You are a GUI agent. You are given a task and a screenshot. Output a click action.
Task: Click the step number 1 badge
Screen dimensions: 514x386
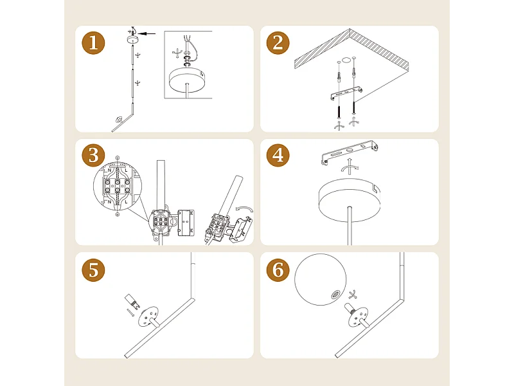point(93,43)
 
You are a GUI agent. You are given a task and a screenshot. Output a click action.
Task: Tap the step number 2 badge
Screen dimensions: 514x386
point(278,43)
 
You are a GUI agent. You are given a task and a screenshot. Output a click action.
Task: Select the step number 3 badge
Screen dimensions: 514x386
point(93,155)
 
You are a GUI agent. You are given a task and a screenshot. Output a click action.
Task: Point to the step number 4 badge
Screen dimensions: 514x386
point(278,155)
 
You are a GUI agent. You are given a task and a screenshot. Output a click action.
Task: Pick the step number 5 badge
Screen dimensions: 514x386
point(93,270)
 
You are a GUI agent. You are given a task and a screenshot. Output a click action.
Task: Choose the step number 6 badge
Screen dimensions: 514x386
point(278,270)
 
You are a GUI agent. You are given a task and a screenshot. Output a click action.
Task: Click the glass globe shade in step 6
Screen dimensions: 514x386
point(320,280)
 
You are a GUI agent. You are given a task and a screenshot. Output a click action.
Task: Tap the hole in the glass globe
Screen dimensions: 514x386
point(335,295)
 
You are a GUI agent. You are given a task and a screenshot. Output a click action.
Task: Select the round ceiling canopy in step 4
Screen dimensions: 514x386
point(350,199)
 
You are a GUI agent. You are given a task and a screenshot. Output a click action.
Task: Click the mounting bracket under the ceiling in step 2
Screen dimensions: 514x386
point(346,93)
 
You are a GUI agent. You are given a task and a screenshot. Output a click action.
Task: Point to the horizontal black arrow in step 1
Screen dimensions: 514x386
point(146,33)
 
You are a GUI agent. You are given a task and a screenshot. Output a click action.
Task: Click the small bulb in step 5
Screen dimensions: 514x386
point(132,302)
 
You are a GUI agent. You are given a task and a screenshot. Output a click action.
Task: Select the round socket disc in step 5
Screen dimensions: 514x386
point(148,316)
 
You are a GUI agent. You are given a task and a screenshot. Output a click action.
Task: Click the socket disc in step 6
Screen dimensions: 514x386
point(358,317)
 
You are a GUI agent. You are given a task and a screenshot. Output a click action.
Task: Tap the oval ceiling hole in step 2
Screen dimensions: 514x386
point(346,60)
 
